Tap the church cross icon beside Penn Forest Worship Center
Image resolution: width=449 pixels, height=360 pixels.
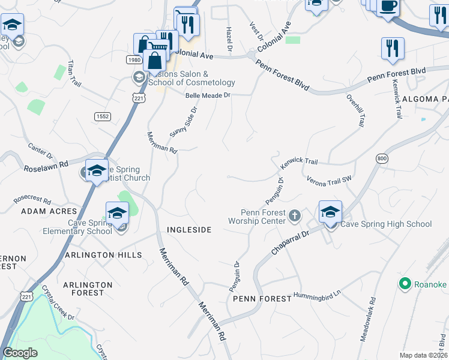pos(295,215)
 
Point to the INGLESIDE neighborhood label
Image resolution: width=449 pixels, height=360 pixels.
pos(189,230)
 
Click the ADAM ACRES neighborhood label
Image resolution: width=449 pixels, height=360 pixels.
pos(49,211)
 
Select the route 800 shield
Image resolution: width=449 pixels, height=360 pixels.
pos(382,158)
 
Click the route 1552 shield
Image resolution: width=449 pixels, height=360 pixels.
pos(102,116)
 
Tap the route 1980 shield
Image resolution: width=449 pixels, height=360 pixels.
pos(134,60)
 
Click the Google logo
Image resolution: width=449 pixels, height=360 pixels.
pos(20,353)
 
